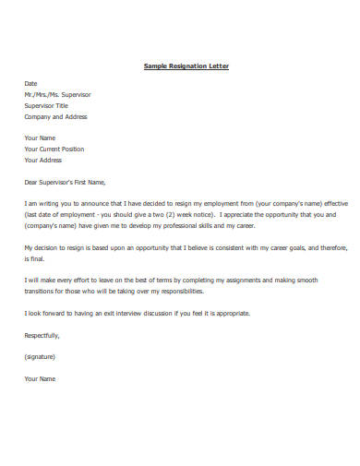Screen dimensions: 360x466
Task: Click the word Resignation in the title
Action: pos(186,66)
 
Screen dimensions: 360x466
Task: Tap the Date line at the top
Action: pos(30,83)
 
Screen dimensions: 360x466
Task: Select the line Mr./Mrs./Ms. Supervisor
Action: pos(57,94)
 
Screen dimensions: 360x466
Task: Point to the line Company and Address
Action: pos(56,116)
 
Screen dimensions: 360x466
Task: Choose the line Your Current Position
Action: pos(54,149)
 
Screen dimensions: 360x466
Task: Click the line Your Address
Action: pos(44,160)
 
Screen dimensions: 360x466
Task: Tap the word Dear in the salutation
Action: pos(32,182)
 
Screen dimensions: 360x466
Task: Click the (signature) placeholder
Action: pos(41,356)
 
